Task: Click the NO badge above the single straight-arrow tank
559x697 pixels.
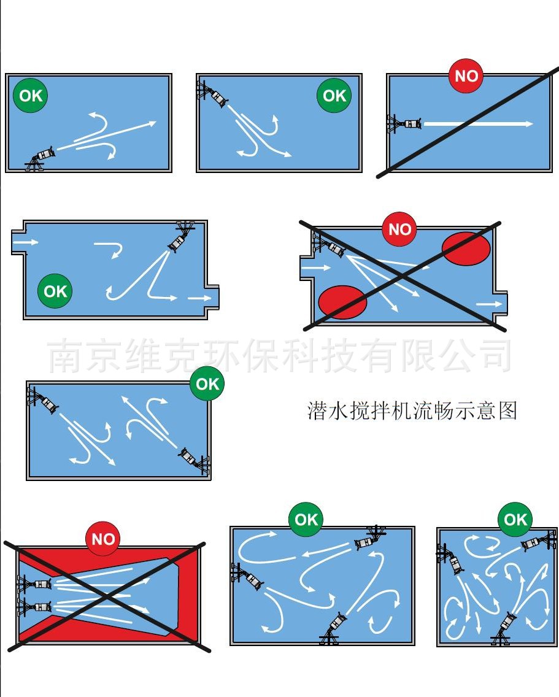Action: [466, 76]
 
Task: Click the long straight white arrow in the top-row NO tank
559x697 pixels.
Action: [478, 123]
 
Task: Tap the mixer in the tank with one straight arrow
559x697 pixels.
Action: [404, 123]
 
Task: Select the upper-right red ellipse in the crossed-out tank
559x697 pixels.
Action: [466, 248]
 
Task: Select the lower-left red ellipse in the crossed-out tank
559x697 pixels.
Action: [342, 302]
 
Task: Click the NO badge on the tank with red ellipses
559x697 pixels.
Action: [400, 229]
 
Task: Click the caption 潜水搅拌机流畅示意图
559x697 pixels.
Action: [412, 410]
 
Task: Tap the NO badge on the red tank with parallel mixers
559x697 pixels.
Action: [102, 539]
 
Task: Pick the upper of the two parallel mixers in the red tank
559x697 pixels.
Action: [35, 583]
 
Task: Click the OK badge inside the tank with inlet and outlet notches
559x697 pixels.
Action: [55, 291]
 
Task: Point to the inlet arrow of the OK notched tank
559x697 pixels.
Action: [25, 242]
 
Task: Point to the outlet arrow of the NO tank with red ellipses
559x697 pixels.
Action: [488, 304]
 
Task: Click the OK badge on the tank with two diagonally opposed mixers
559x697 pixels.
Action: [207, 383]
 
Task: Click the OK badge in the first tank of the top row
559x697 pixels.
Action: [31, 95]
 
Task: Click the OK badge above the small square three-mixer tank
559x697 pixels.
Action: [515, 519]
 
